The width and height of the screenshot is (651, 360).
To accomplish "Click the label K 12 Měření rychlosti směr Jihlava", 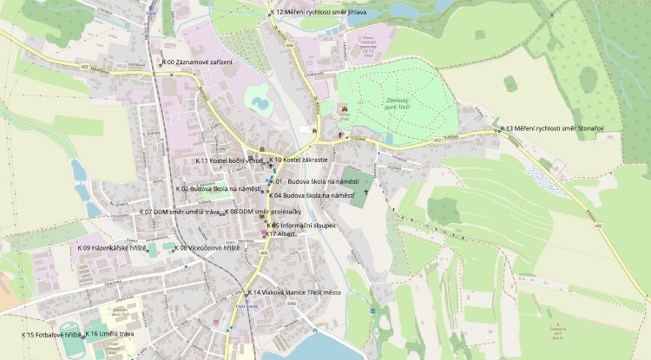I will click(319, 12).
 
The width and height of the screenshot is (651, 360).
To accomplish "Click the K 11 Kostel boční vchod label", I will click(228, 160).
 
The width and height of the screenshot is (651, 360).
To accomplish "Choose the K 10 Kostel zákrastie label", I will click(298, 160).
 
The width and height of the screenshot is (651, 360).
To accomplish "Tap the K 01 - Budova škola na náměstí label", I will click(316, 180).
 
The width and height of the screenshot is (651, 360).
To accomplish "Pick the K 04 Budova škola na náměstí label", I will click(312, 196).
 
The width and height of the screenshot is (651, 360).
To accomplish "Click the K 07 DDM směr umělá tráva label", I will click(181, 212).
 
